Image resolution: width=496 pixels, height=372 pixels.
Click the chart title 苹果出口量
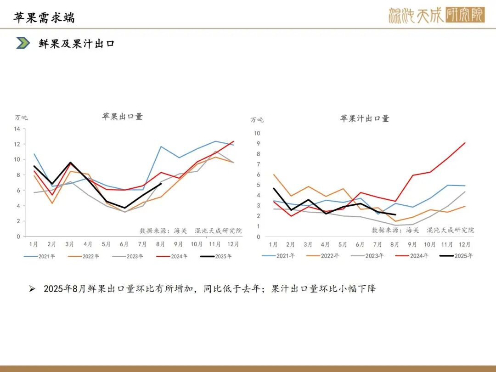122,117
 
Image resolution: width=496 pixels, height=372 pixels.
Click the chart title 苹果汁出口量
364,118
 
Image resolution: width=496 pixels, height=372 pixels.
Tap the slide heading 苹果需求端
44,17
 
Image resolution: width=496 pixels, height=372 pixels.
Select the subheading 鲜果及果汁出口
77,44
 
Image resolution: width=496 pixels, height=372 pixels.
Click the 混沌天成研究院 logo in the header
436,16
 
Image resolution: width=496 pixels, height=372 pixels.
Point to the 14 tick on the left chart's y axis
17,129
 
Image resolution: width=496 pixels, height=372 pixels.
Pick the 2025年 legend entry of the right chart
457,256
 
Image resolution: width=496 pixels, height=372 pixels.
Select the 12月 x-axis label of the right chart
465,244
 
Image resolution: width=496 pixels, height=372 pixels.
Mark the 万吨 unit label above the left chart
21,118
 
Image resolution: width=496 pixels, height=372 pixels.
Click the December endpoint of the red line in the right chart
465,142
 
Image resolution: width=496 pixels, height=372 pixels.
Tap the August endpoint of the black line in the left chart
161,184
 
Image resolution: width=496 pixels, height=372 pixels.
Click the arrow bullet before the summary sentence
32,289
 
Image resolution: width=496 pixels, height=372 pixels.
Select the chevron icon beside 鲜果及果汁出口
23,43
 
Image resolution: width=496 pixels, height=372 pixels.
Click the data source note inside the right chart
423,230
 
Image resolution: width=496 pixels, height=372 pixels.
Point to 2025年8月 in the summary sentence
62,289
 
